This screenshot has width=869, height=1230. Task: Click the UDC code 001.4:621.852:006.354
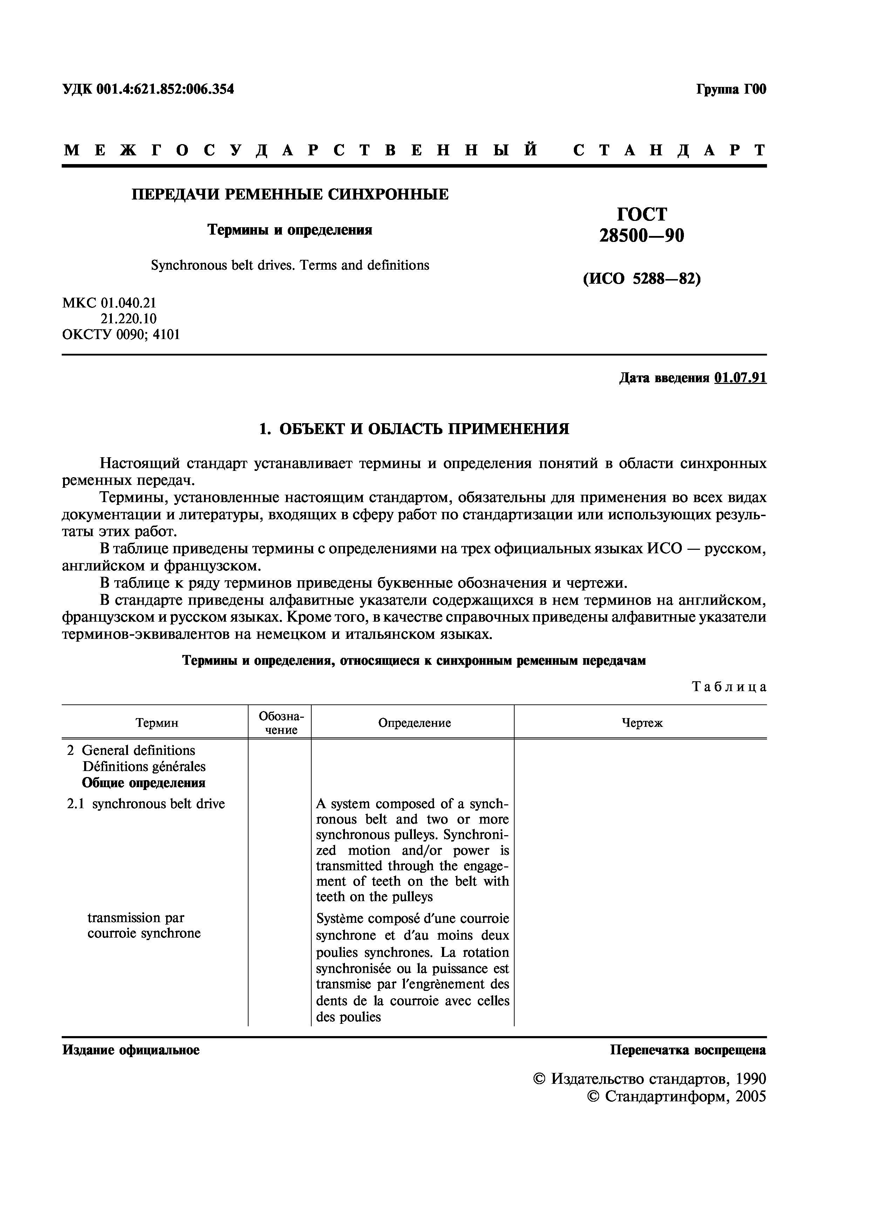(165, 89)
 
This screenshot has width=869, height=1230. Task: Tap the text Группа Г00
(731, 89)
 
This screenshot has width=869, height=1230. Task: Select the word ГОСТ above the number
(641, 214)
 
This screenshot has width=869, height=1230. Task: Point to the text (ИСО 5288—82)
(641, 279)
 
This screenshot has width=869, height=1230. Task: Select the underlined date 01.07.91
(740, 378)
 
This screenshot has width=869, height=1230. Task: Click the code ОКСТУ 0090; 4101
(121, 335)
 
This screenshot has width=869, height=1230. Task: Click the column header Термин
(156, 723)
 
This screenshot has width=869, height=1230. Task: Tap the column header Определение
(414, 723)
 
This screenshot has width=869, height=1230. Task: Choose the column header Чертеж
(641, 723)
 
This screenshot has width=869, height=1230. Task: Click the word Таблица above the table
(729, 687)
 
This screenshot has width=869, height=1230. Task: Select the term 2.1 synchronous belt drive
(145, 804)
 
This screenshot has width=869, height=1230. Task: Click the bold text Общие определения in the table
(143, 783)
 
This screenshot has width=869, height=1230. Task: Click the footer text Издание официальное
(131, 1050)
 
